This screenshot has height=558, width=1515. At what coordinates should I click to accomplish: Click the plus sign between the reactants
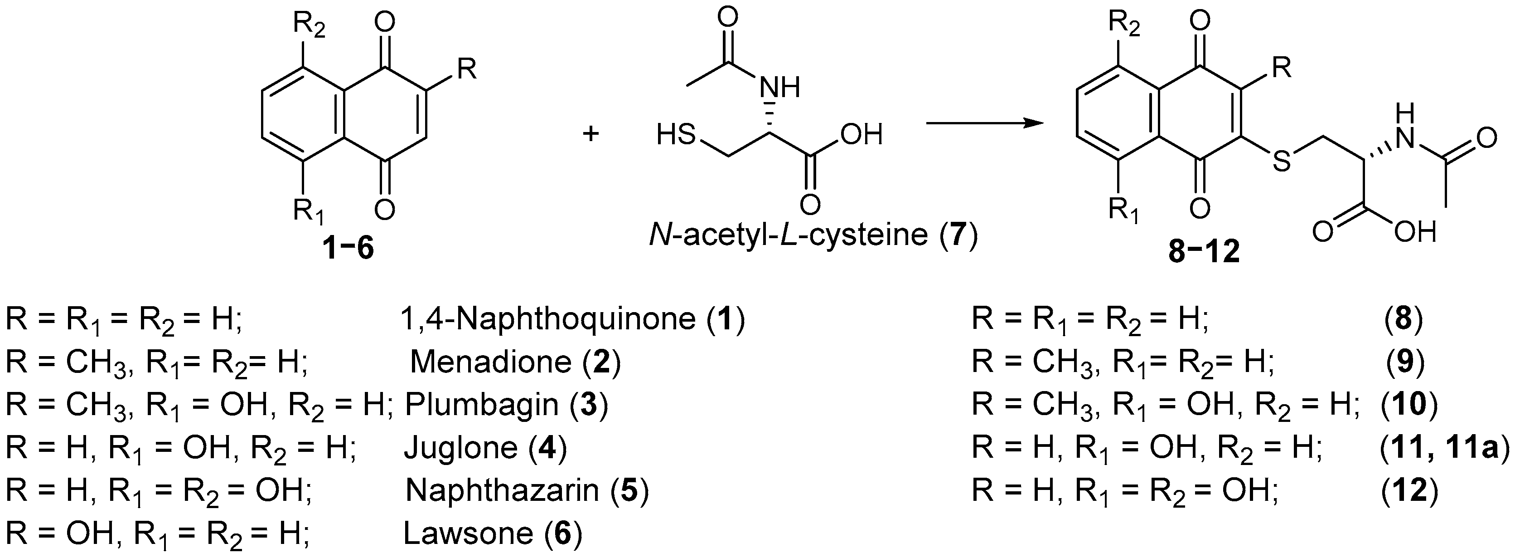click(x=590, y=134)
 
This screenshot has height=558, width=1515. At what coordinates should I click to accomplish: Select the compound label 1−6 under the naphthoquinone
click(x=348, y=249)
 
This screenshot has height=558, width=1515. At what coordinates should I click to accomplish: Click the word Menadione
click(x=490, y=362)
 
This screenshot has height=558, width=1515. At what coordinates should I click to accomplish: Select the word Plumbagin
click(x=482, y=404)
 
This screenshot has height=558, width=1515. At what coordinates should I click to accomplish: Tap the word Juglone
click(x=460, y=447)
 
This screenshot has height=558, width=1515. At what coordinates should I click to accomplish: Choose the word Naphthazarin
click(x=502, y=489)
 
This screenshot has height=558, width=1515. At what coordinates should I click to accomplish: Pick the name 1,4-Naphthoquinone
click(x=547, y=319)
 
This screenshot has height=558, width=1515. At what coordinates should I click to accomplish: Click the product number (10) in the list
click(x=1409, y=404)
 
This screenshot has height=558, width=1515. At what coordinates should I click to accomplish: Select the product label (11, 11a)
click(x=1444, y=447)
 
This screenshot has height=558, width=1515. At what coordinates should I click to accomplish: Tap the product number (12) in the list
click(x=1409, y=489)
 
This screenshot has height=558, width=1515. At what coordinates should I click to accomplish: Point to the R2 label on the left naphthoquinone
click(x=310, y=26)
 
